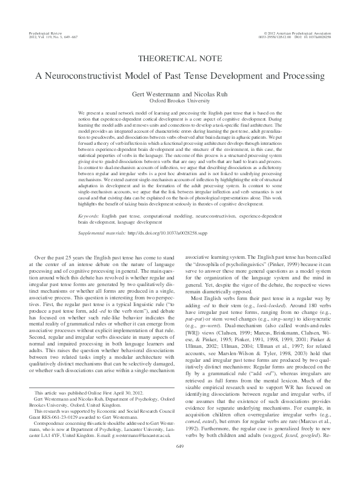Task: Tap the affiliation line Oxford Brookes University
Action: (x=180, y=102)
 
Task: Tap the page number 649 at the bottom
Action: (x=179, y=464)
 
